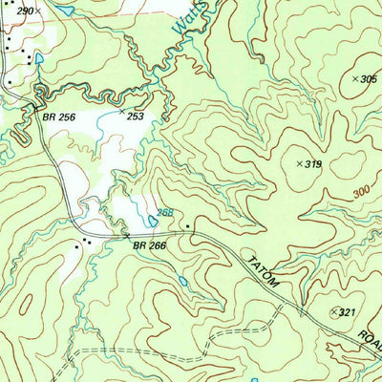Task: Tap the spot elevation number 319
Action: (313, 164)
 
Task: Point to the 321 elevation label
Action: (348, 312)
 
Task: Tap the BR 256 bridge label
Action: (58, 117)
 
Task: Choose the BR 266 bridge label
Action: (149, 244)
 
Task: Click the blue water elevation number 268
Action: (165, 213)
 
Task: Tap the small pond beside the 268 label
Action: (153, 222)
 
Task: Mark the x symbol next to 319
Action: (299, 164)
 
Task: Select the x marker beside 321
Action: (333, 312)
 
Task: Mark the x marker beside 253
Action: (121, 113)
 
